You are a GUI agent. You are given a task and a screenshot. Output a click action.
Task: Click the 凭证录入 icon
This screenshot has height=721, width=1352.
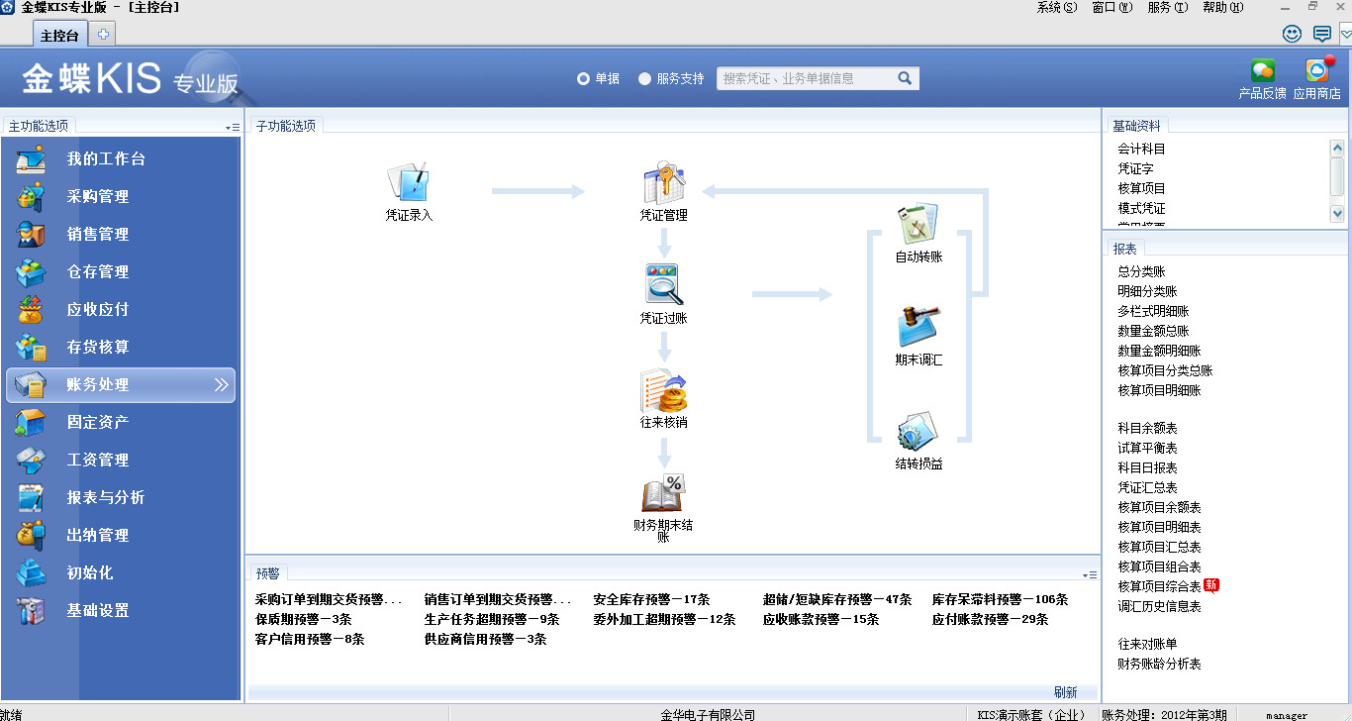[x=408, y=183]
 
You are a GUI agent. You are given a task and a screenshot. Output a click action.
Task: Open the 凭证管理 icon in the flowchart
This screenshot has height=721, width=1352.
[x=663, y=183]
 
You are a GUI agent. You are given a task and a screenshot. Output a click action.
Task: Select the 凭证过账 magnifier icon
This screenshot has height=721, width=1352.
[x=663, y=285]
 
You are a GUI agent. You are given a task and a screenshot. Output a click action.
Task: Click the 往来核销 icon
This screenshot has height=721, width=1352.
[x=663, y=390]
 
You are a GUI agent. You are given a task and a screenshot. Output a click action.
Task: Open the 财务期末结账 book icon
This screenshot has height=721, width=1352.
[x=663, y=494]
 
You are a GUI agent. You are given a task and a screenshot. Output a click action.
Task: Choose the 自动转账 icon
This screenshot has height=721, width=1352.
[x=917, y=226]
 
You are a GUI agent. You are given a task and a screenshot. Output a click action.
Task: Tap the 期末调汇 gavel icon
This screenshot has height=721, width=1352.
[x=917, y=327]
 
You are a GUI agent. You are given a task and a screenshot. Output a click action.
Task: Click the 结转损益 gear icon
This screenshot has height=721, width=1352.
[x=917, y=432]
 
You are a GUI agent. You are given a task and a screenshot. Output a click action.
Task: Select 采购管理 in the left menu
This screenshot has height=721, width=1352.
[x=98, y=197]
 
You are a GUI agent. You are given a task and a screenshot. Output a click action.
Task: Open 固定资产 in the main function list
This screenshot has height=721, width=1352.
[x=98, y=423]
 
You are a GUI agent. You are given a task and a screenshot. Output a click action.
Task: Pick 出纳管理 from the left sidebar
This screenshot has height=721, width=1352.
[x=98, y=536]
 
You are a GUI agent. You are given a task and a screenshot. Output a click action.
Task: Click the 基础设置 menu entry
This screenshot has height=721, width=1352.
[x=98, y=611]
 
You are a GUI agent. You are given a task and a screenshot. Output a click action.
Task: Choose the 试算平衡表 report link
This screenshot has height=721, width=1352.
[x=1147, y=448]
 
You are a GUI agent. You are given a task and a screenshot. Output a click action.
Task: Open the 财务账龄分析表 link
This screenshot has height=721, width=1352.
[x=1159, y=664]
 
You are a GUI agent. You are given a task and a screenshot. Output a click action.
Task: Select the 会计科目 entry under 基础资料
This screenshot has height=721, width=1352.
[x=1141, y=149]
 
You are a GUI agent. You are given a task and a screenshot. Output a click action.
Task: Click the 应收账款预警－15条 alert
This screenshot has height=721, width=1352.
[x=821, y=619]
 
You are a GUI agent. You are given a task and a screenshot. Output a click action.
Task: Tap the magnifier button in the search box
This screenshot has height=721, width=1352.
[x=905, y=78]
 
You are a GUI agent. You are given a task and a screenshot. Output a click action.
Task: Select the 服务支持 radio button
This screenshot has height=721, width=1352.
[x=645, y=78]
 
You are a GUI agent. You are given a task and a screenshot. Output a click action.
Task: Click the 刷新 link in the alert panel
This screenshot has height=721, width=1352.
[x=1065, y=692]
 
